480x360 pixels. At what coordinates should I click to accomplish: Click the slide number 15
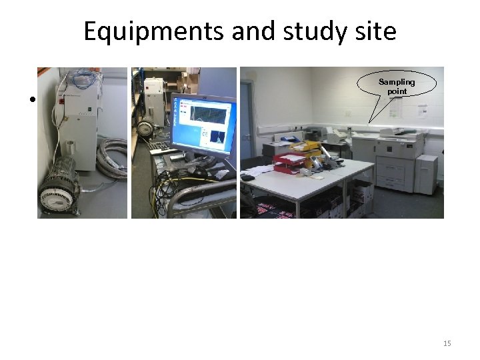[x=447, y=343]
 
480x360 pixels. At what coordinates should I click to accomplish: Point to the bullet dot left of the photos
[x=31, y=101]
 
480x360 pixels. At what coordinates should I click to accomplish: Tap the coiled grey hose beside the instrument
[x=111, y=157]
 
